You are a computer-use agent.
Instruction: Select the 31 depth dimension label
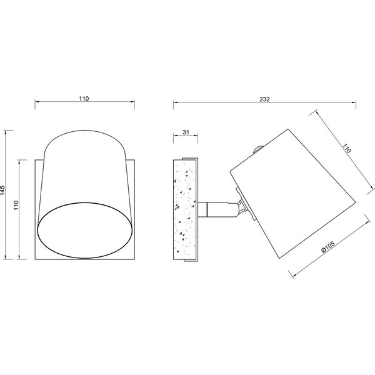coord(186,132)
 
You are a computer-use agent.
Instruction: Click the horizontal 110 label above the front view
coord(85,98)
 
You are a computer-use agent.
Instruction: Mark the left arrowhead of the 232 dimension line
coord(174,103)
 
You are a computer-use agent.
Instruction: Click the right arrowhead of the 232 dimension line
coord(354,103)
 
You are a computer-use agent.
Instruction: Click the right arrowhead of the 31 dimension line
coord(199,137)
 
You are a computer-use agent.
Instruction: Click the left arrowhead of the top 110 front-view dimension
coord(36,103)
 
